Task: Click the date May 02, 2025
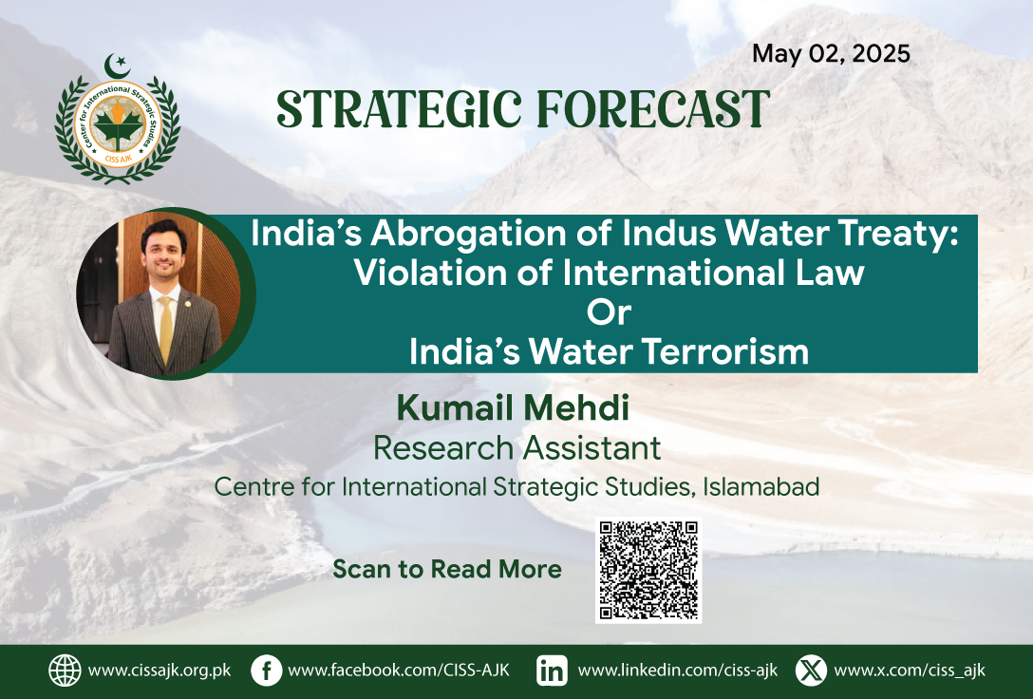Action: tap(831, 54)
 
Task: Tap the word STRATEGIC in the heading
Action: tap(399, 108)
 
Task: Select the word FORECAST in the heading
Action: tap(653, 108)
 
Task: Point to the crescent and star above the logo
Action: tap(118, 66)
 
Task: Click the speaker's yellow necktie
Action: tap(165, 329)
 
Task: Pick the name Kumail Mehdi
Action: tap(513, 407)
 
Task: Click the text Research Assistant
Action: tap(516, 448)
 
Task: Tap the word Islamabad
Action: tap(761, 487)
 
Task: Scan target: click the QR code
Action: tap(648, 571)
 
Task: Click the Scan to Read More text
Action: tap(446, 569)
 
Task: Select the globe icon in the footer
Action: tap(65, 671)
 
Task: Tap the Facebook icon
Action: tap(266, 671)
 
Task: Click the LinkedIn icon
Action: tap(552, 671)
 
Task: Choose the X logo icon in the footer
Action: tap(811, 671)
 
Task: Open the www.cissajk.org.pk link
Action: tap(160, 671)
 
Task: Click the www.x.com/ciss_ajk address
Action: tap(910, 671)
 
